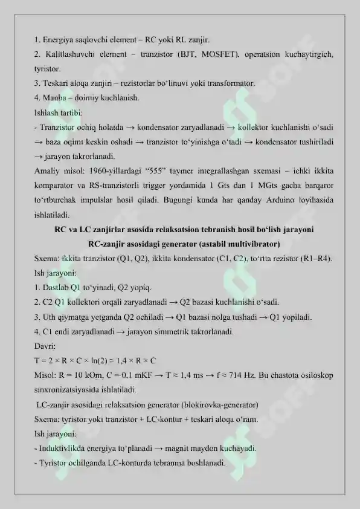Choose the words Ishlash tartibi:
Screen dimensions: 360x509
[59, 112]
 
